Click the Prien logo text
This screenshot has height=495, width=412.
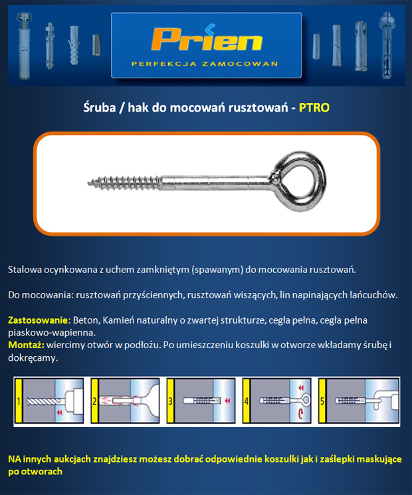pyautogui.click(x=207, y=39)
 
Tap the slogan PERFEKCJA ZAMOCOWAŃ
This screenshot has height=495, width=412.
pyautogui.click(x=205, y=64)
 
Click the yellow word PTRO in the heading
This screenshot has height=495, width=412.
pyautogui.click(x=314, y=108)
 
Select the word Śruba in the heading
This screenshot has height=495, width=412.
pyautogui.click(x=100, y=108)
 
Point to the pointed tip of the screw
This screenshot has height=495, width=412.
pyautogui.click(x=88, y=183)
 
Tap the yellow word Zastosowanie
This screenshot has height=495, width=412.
pyautogui.click(x=38, y=320)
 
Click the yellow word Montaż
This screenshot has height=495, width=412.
pyautogui.click(x=26, y=345)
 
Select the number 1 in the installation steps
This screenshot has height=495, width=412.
pyautogui.click(x=19, y=401)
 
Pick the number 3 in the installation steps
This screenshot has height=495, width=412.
pyautogui.click(x=171, y=401)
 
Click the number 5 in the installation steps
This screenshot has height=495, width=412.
pyautogui.click(x=322, y=401)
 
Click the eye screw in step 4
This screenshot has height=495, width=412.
pyautogui.click(x=285, y=401)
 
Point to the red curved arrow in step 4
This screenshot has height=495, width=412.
pyautogui.click(x=300, y=414)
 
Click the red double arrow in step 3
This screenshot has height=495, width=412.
pyautogui.click(x=227, y=401)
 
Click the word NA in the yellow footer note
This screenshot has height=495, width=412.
pyautogui.click(x=14, y=458)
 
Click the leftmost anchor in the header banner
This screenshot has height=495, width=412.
pyautogui.click(x=23, y=46)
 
